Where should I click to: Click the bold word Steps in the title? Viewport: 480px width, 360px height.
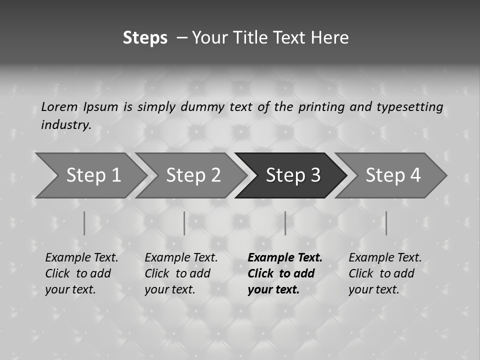coord(145,37)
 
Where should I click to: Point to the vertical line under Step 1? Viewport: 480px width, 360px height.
coord(84,223)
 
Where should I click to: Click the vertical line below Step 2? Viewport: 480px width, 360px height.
coord(184,223)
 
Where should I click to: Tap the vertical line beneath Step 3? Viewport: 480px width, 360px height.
coord(285,223)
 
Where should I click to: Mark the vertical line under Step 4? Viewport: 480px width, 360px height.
coord(386,223)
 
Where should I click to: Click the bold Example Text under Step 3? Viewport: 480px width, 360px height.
coord(285,257)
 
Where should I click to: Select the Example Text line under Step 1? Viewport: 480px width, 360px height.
coord(81,257)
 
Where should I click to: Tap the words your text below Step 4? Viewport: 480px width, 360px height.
coord(373,289)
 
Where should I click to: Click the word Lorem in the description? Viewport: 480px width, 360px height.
coord(59,106)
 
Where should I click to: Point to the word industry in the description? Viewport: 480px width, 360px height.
coord(66,125)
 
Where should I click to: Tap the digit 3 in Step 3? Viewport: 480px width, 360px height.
coord(314,175)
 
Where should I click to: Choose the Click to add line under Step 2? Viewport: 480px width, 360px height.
coord(177,273)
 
